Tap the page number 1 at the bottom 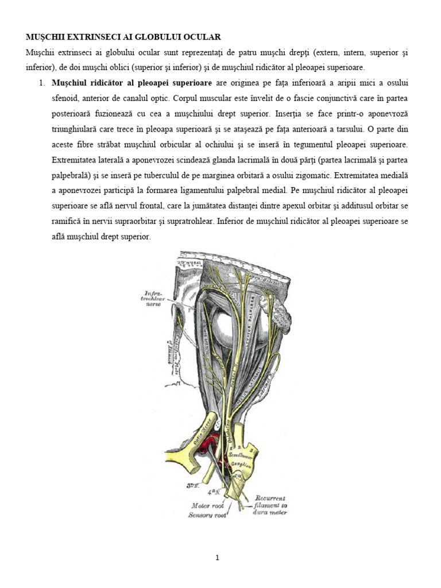[218, 557]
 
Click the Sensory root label [208, 515]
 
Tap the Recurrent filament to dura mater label [272, 505]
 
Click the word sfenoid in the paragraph [65, 98]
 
